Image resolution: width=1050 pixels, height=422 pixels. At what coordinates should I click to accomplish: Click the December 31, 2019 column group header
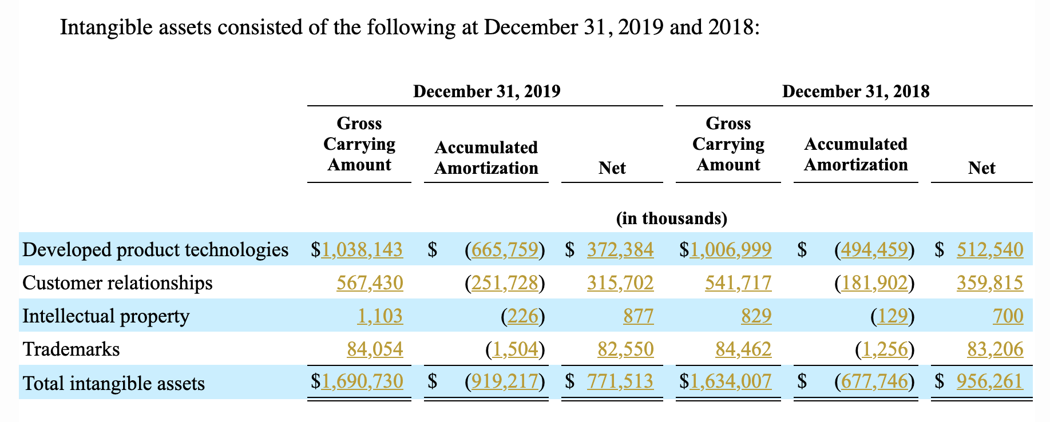[x=486, y=91]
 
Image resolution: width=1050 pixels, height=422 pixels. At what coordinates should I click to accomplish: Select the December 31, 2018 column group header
[x=855, y=91]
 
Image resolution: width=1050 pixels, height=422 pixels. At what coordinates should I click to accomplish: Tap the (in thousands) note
[x=671, y=218]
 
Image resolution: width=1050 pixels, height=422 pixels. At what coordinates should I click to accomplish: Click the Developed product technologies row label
[x=155, y=249]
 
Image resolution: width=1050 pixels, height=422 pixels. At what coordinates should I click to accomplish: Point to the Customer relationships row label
[x=117, y=282]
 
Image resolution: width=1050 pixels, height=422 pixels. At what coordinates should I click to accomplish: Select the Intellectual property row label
[x=106, y=316]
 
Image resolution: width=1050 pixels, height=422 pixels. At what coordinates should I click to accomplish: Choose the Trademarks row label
[x=71, y=349]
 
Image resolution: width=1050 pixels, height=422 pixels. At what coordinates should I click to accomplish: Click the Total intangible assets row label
[x=113, y=383]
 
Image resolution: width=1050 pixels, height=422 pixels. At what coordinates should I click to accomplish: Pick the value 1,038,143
[x=362, y=249]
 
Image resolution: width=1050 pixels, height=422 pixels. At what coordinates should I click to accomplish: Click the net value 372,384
[x=620, y=249]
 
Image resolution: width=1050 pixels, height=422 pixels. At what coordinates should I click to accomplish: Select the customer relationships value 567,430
[x=370, y=282]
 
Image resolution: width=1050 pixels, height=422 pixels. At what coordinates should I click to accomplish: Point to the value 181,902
[x=874, y=282]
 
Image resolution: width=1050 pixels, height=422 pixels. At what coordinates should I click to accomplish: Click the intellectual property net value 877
[x=639, y=316]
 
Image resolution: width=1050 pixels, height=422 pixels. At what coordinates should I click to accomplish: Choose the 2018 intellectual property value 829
[x=756, y=316]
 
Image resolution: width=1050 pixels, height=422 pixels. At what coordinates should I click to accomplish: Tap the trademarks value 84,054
[x=375, y=349]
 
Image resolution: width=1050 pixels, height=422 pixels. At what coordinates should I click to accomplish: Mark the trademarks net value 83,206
[x=995, y=349]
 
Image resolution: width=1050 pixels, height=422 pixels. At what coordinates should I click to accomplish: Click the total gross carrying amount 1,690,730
[x=362, y=381]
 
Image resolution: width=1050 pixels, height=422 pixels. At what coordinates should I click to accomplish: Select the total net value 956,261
[x=989, y=381]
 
